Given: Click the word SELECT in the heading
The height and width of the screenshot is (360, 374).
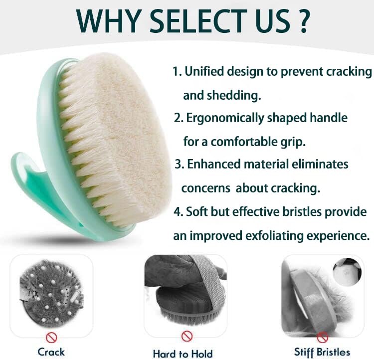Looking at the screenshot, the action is coord(198,21).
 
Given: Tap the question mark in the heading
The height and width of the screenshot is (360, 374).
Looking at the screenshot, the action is coord(303,21).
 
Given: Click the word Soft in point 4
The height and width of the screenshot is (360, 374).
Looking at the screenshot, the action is coord(196,211).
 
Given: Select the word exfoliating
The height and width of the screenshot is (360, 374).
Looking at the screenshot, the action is coord(274,236).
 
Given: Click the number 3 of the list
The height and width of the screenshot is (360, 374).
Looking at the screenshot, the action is coord(178,165).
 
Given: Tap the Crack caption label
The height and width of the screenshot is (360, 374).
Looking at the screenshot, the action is coord(51,352).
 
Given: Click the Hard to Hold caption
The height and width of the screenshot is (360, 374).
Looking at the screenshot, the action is coord(183,354).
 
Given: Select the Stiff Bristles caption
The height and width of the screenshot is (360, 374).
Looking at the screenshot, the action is coord(322,352).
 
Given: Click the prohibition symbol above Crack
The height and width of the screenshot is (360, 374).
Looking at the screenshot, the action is coord(51,338).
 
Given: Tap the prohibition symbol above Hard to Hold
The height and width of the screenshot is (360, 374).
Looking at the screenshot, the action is coord(187,336).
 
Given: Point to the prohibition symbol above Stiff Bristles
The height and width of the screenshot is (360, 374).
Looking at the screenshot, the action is coord(323,337).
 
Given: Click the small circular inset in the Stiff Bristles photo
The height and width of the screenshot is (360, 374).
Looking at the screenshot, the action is coord(347,272).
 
